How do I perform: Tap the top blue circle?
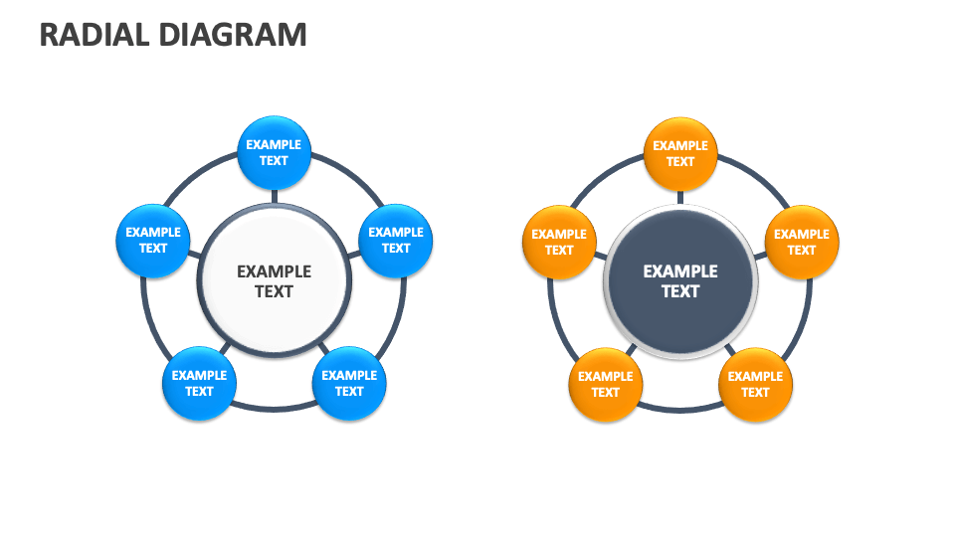(274, 153)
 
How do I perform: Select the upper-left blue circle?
(153, 241)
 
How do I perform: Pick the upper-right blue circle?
(395, 241)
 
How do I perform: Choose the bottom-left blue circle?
(199, 383)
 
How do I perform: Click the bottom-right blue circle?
(349, 383)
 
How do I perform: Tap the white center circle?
(274, 280)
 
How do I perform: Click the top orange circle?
(680, 154)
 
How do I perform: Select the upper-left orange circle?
(559, 243)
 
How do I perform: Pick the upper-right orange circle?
(802, 243)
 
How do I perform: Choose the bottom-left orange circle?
(605, 384)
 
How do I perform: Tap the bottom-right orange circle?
(755, 384)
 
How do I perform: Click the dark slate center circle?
(680, 280)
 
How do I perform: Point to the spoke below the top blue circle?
(274, 196)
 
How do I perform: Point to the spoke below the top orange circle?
(680, 197)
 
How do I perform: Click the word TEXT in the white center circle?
(274, 291)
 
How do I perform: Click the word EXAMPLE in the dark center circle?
(680, 270)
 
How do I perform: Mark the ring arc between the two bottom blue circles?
(274, 408)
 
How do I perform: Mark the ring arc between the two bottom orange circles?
(680, 409)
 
